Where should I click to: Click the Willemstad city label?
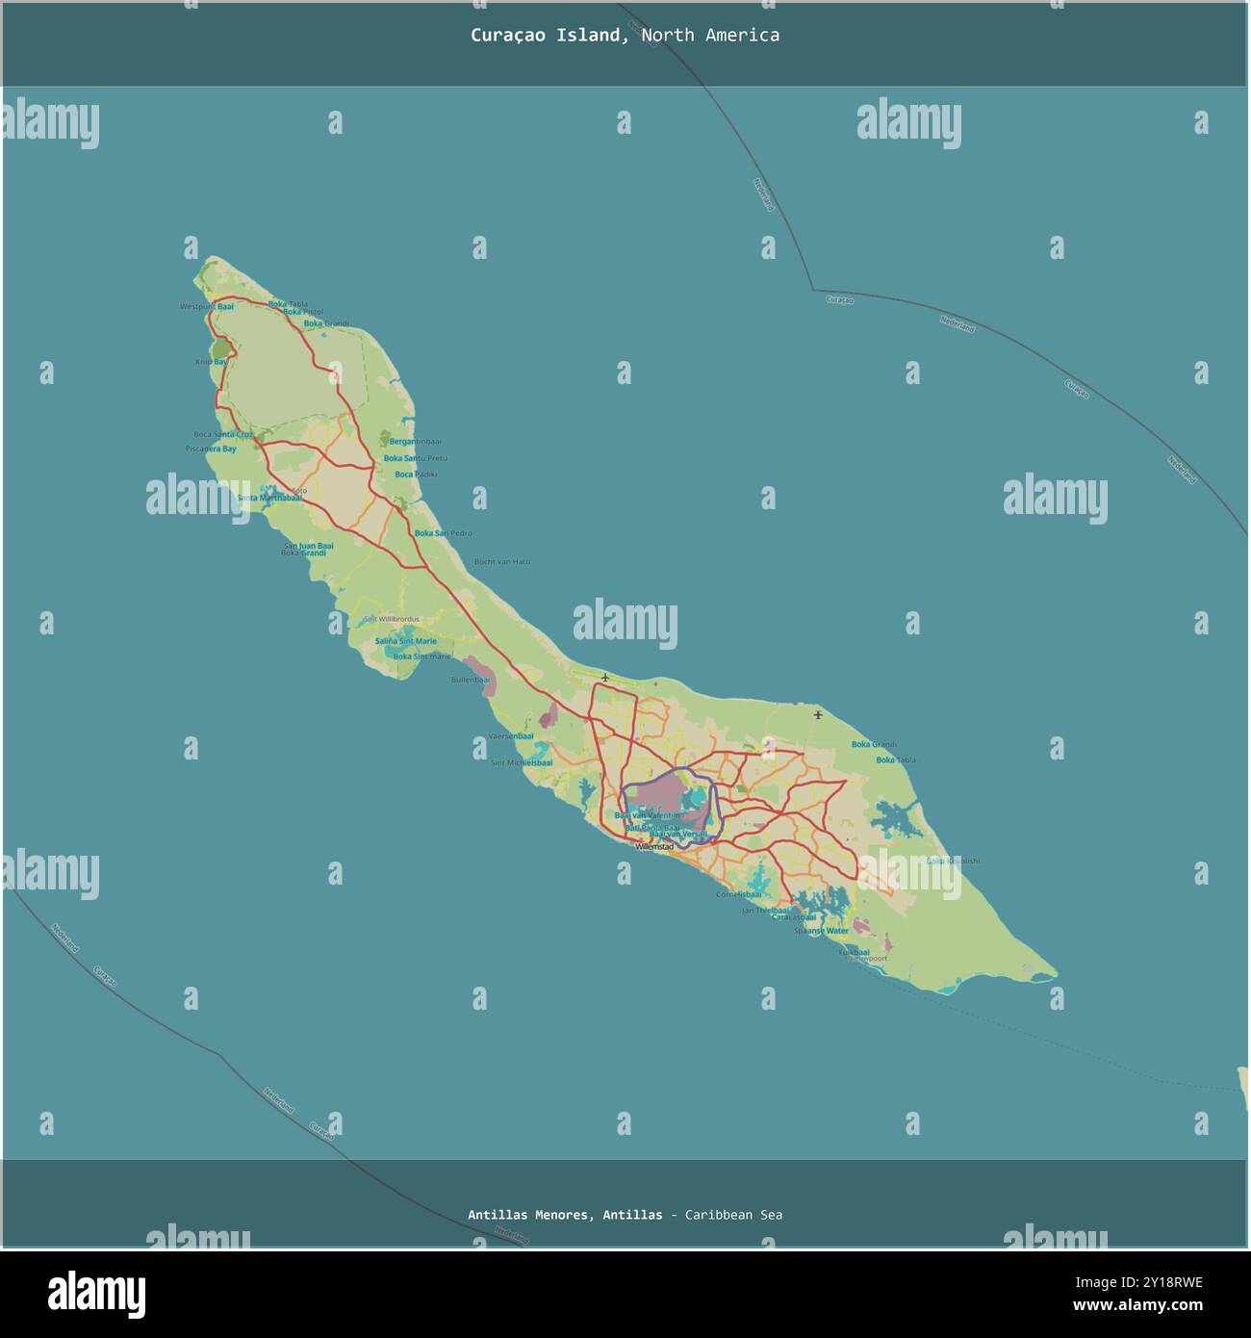[x=654, y=847]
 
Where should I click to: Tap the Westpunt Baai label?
[x=207, y=307]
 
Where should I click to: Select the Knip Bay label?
[x=211, y=362]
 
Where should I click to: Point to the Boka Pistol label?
[x=302, y=313]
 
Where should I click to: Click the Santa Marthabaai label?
[x=269, y=499]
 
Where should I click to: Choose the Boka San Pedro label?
[x=443, y=533]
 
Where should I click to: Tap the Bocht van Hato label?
[x=501, y=562]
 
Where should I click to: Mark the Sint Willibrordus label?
[x=392, y=620]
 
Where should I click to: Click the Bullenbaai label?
[x=471, y=680]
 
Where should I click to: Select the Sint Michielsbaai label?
[x=522, y=763]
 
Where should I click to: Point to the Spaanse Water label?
[x=821, y=931]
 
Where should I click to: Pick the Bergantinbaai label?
[x=415, y=442]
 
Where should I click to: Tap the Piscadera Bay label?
[x=211, y=450]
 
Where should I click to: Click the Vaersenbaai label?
[x=511, y=736]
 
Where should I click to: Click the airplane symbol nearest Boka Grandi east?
[x=818, y=714]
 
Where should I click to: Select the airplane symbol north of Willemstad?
[x=604, y=678]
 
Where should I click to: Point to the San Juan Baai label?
[x=308, y=546]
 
